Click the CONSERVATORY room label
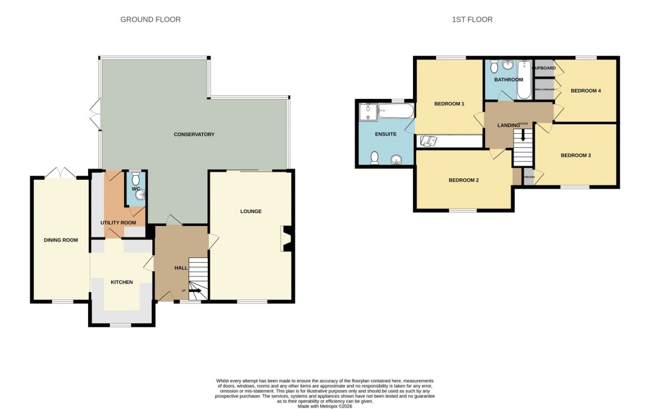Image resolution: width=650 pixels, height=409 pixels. (194, 134)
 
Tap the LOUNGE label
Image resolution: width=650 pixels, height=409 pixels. (251, 211)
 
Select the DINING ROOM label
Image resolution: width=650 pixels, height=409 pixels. (61, 240)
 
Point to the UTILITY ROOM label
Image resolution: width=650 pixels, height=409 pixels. (118, 223)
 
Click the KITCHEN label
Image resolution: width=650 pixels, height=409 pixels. (121, 282)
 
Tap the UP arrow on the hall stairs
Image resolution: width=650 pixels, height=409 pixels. (193, 291)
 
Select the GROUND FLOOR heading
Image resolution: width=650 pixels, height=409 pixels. (151, 20)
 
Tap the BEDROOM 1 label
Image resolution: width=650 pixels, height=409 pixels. (449, 104)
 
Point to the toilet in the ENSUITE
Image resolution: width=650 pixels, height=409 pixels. (374, 157)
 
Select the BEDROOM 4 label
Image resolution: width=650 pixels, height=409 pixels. (586, 91)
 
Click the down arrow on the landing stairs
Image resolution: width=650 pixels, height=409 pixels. (522, 136)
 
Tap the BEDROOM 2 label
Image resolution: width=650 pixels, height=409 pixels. (463, 180)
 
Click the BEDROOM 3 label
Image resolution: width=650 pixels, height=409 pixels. (576, 156)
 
